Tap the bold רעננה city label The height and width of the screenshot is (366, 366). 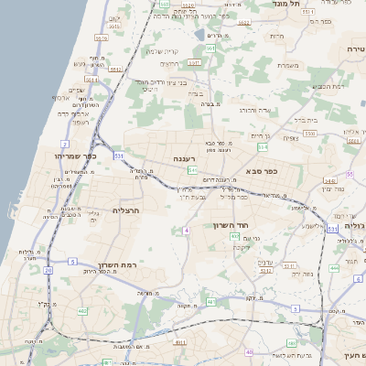pos(185,158)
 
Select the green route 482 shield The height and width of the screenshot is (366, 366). pos(82,311)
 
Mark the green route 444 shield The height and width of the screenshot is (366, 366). pos(333,268)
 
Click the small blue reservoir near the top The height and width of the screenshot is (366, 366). pos(199,35)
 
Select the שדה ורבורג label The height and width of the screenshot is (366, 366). pos(255,110)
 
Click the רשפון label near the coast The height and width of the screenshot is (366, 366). pos(80,122)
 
